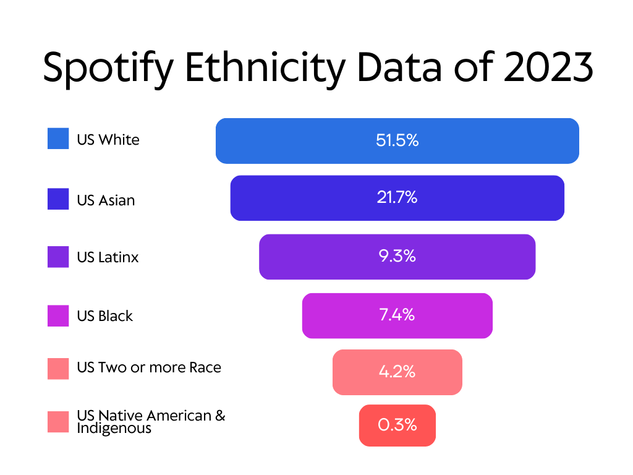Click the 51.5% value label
397,140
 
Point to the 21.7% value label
397,198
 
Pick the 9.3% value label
397,256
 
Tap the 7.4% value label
397,315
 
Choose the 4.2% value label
397,372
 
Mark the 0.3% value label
397,425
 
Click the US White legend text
108,139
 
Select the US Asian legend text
106,200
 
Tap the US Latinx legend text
108,257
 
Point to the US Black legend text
105,316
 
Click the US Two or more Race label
149,367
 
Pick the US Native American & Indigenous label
151,421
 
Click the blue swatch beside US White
58,139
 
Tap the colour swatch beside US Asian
58,199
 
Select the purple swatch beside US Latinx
58,257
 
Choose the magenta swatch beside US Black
58,315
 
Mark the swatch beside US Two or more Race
58,369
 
